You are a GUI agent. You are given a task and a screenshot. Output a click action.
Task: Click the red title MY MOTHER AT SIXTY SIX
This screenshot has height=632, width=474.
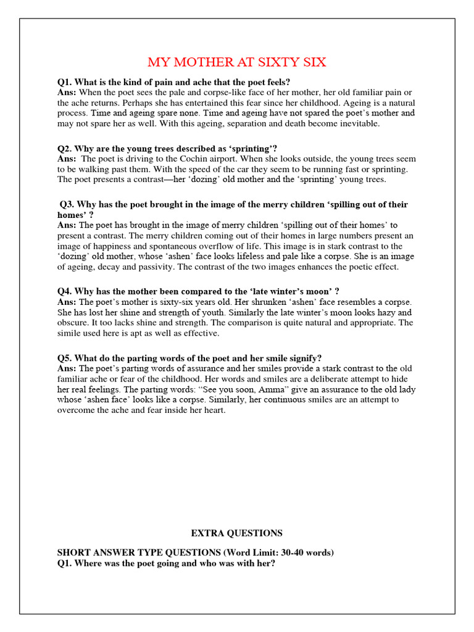pyautogui.click(x=236, y=62)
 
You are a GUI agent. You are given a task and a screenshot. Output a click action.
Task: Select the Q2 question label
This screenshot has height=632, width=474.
pyautogui.click(x=65, y=149)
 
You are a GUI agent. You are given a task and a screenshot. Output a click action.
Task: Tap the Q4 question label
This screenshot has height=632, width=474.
pyautogui.click(x=65, y=291)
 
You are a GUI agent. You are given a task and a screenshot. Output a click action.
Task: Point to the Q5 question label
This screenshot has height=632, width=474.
pyautogui.click(x=65, y=358)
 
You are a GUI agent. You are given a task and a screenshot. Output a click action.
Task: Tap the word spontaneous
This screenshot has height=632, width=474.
pyautogui.click(x=165, y=246)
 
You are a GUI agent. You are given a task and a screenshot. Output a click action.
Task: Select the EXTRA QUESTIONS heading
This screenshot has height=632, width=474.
pyautogui.click(x=236, y=533)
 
